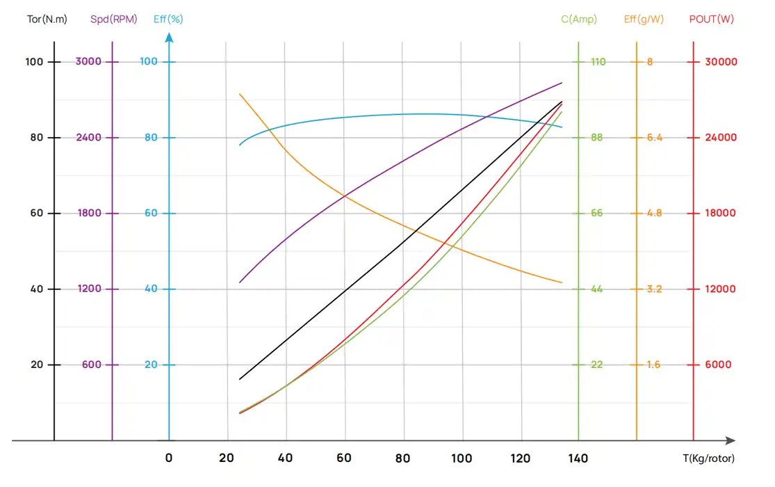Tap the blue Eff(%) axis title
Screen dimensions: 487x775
[x=168, y=19]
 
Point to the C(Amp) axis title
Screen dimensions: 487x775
[x=579, y=19]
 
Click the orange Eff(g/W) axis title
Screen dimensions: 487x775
[x=643, y=19]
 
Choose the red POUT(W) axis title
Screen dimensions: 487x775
[x=711, y=19]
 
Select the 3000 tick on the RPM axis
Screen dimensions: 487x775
[x=88, y=62]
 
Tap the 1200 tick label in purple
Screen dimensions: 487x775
[x=88, y=289]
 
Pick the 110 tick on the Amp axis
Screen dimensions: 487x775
[x=598, y=62]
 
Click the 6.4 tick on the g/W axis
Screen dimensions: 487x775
[x=654, y=138]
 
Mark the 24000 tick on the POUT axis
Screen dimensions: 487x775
[x=721, y=138]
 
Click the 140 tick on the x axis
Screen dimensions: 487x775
[x=578, y=458]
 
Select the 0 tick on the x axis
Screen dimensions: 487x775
[x=169, y=458]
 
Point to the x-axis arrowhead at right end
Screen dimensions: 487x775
[x=731, y=440]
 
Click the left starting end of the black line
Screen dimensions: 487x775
[x=239, y=379]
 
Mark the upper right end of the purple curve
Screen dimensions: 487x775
[x=562, y=83]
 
